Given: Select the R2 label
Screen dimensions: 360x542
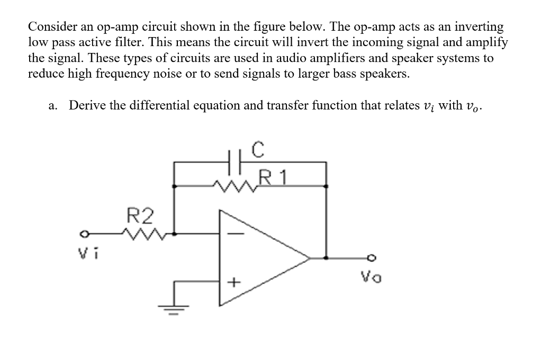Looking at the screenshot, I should [x=141, y=216].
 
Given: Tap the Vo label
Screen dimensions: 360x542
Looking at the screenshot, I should [x=371, y=276].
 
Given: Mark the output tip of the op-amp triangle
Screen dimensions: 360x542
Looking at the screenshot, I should [x=309, y=258].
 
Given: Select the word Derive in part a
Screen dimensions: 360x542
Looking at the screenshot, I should [x=87, y=105].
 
